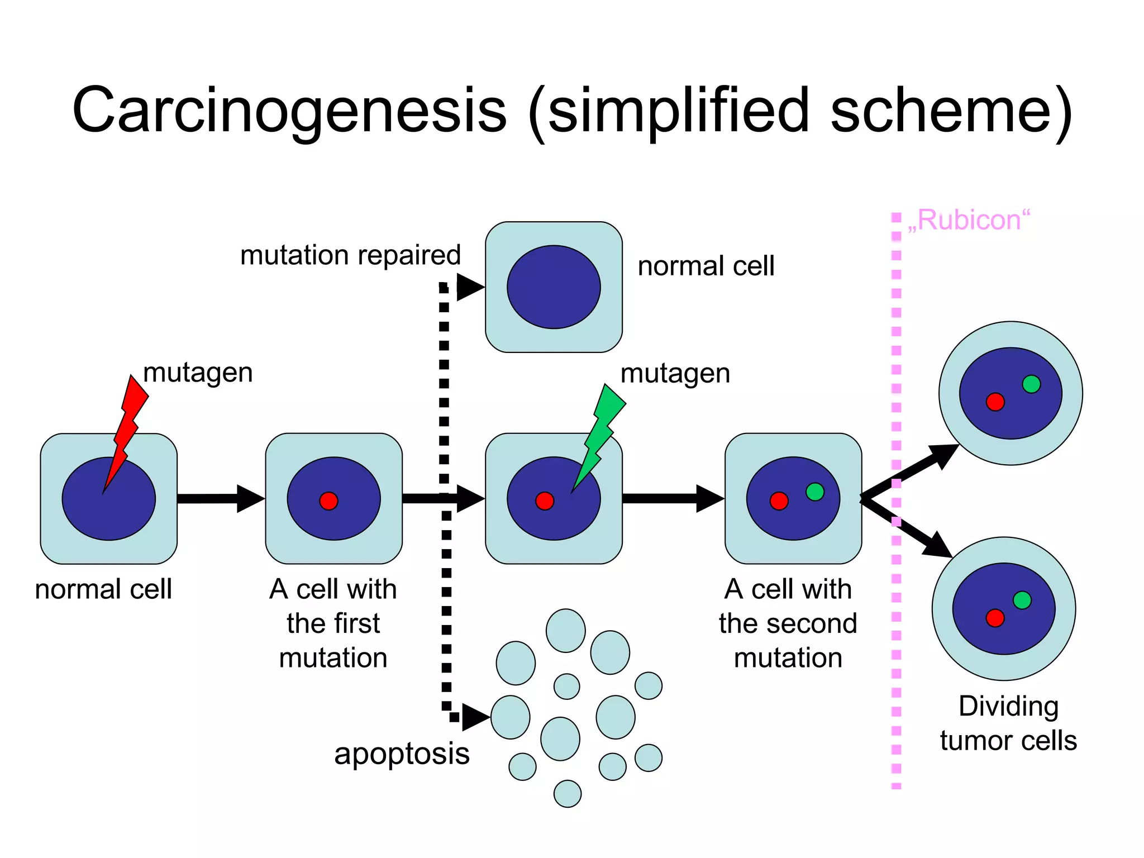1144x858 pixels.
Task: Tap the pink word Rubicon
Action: [x=969, y=220]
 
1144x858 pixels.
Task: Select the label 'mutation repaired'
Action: [x=350, y=255]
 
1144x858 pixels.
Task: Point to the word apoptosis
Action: [x=402, y=754]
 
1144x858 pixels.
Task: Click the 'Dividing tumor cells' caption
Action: [x=1008, y=723]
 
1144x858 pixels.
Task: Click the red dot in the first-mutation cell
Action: [x=328, y=501]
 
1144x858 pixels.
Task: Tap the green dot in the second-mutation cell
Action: [x=815, y=492]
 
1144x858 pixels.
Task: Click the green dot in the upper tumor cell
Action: [x=1031, y=384]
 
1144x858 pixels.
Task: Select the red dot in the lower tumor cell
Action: [x=995, y=618]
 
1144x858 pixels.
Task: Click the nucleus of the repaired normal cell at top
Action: [x=554, y=287]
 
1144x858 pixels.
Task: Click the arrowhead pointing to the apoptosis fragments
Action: [x=475, y=717]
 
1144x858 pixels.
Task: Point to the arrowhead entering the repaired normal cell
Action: [x=469, y=288]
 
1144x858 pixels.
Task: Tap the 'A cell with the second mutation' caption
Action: [x=788, y=623]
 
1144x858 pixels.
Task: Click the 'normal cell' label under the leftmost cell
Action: [x=103, y=589]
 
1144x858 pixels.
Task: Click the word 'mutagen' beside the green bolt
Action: [x=675, y=373]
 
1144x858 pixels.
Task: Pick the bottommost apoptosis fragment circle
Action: [x=568, y=794]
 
